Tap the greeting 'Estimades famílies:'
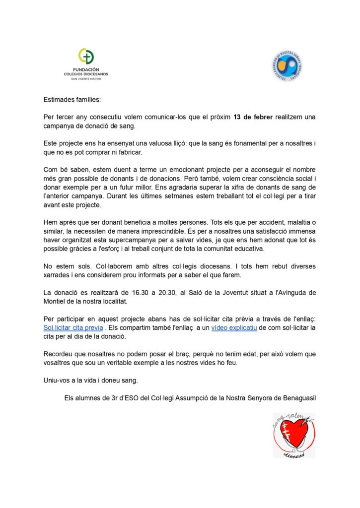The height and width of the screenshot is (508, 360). pos(72,99)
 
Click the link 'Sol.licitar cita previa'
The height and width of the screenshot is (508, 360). pos(73,328)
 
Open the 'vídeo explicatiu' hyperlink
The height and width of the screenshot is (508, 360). pos(234,328)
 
